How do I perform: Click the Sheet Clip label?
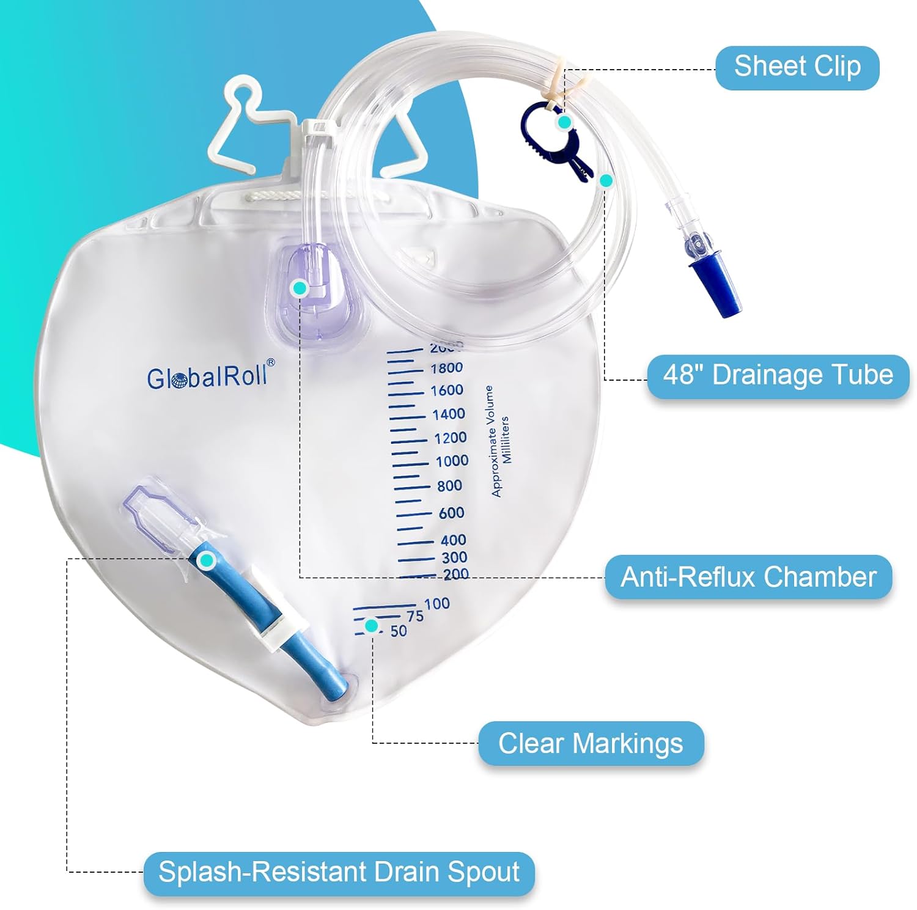[797, 67]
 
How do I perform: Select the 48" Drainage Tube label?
[778, 376]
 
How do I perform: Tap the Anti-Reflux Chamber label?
[748, 578]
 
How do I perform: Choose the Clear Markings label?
[591, 744]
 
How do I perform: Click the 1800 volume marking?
[447, 368]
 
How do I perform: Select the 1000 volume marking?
[452, 461]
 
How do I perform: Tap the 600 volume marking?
[452, 513]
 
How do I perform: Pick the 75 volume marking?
[415, 616]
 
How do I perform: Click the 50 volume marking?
[399, 631]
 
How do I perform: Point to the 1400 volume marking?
[449, 414]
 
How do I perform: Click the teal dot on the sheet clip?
[565, 122]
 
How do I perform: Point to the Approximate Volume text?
[492, 441]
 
